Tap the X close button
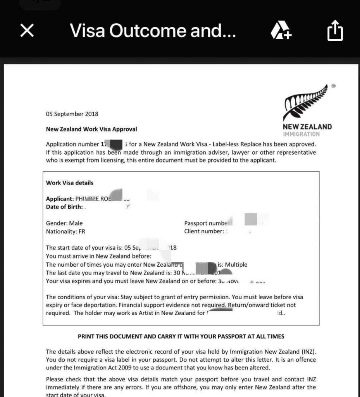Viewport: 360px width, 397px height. pos(27,31)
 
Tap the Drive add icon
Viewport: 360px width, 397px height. pos(281,31)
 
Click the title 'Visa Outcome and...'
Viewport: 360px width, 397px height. pos(153,31)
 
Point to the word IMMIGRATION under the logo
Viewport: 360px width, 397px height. pos(301,134)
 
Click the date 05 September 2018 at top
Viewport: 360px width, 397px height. pos(72,114)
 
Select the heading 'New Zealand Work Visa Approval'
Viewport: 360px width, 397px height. pos(91,129)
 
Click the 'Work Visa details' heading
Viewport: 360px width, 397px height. pos(70,183)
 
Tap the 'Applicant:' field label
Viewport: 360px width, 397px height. pos(60,199)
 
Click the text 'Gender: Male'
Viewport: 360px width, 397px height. pos(64,223)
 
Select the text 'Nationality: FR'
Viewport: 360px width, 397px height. pos(65,231)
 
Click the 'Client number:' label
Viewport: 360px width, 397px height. pos(204,231)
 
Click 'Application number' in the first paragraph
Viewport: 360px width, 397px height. pos(72,145)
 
